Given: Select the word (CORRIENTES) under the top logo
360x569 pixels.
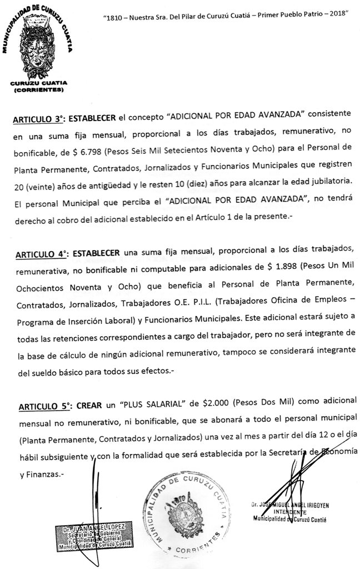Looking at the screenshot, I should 38,89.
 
